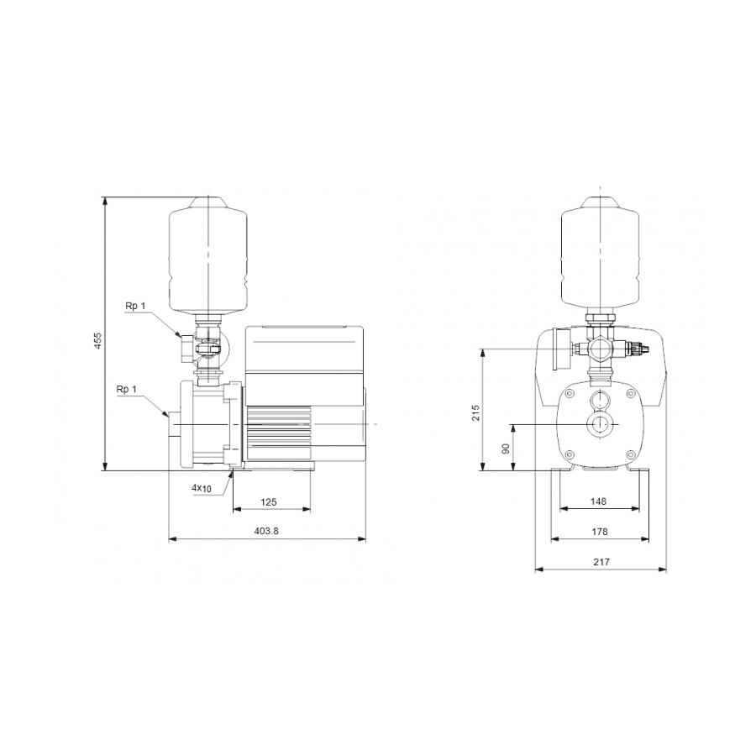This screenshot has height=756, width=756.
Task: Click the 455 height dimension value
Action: tap(97, 341)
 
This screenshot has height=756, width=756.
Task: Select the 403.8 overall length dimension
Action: tap(267, 531)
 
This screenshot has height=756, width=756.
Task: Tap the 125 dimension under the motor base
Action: tap(269, 502)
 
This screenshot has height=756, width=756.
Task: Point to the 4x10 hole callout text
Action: tap(202, 488)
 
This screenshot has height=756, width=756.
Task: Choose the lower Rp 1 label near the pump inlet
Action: tap(128, 389)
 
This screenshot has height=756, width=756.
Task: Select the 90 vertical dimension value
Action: tap(506, 448)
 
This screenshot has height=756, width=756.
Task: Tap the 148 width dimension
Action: tap(598, 502)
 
